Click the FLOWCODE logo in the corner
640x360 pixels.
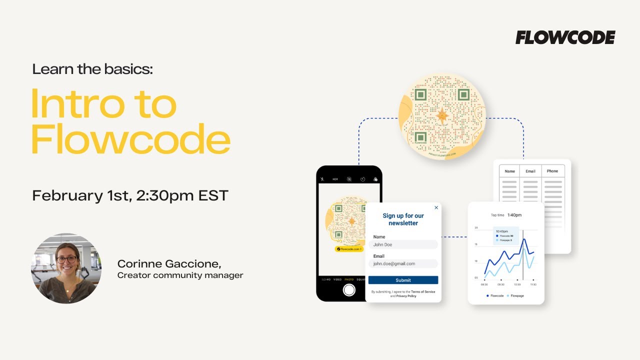(x=565, y=37)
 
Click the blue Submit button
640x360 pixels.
(x=403, y=280)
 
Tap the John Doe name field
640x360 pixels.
(x=403, y=244)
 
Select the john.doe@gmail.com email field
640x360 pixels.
(x=403, y=263)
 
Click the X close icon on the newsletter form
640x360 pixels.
(x=436, y=207)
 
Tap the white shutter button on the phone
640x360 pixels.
(x=349, y=290)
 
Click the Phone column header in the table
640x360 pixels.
(x=552, y=171)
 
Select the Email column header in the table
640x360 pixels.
(x=530, y=171)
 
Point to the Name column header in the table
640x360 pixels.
(x=509, y=171)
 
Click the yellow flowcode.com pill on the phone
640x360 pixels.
(x=349, y=248)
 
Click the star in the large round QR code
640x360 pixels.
(x=442, y=116)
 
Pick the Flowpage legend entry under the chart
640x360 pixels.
(x=515, y=296)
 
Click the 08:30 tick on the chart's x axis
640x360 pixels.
(x=484, y=284)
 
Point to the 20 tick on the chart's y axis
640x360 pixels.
(x=476, y=227)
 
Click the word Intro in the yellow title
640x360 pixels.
(x=103, y=104)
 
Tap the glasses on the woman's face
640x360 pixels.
(x=66, y=259)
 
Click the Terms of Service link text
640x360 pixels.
(x=423, y=291)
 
